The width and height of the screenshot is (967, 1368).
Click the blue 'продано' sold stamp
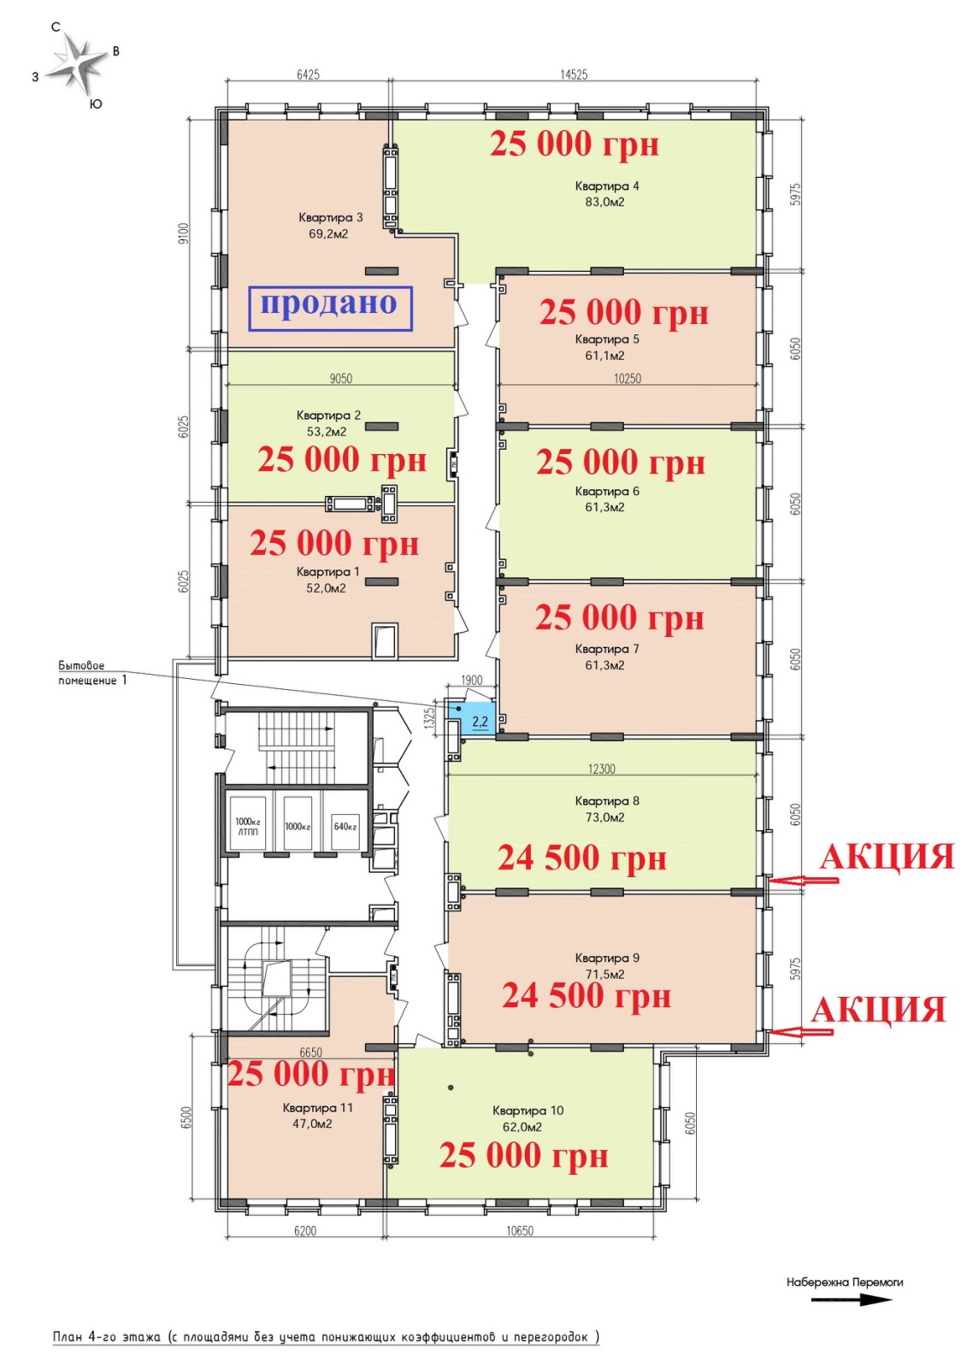click(331, 309)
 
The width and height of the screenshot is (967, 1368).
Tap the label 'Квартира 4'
click(607, 186)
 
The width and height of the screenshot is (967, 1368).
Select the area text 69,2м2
click(328, 234)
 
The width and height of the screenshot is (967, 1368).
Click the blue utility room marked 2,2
click(476, 718)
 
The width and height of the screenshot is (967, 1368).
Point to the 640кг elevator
click(345, 824)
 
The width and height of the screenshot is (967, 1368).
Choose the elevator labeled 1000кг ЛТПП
click(247, 824)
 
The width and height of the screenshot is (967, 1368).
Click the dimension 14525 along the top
click(574, 74)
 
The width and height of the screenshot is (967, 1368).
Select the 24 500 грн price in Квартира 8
click(581, 858)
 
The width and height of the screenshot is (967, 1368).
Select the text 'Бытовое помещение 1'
click(93, 672)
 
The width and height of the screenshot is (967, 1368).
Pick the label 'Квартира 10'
click(528, 1111)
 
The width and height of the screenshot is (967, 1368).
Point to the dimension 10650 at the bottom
click(520, 1230)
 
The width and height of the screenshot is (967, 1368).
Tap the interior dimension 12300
click(602, 769)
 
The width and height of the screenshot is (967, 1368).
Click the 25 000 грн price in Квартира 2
click(342, 460)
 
